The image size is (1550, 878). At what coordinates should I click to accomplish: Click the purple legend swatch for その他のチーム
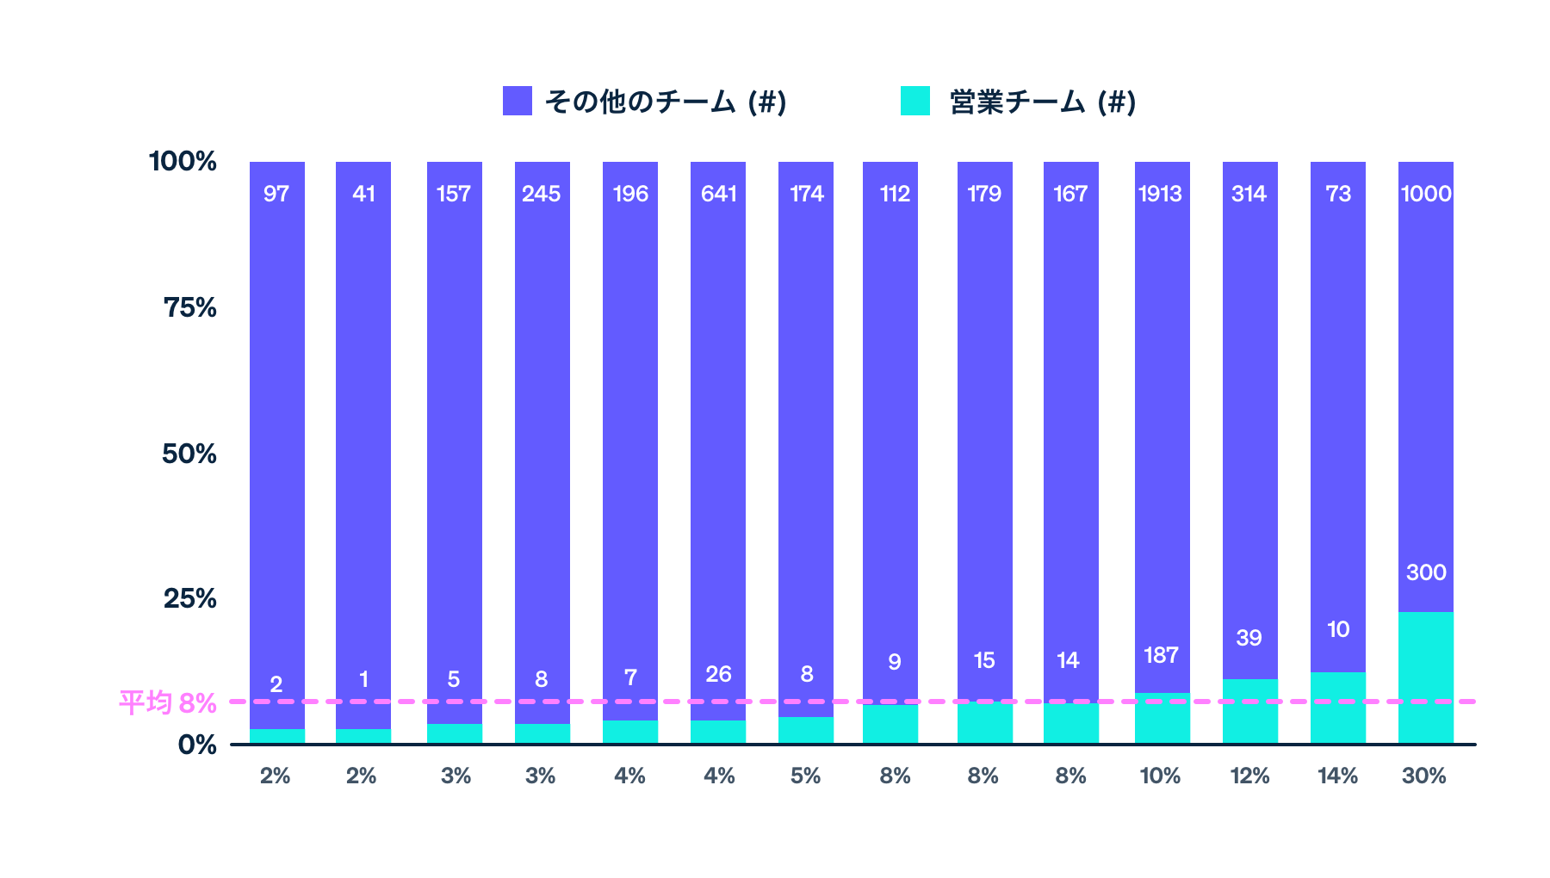pyautogui.click(x=518, y=101)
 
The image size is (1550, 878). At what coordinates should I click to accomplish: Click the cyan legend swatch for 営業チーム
pyautogui.click(x=915, y=101)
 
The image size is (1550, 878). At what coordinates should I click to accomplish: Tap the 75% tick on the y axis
pyautogui.click(x=190, y=307)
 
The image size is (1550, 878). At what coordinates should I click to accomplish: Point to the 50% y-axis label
pyautogui.click(x=189, y=454)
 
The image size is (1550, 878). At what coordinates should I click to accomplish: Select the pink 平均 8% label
pyautogui.click(x=167, y=703)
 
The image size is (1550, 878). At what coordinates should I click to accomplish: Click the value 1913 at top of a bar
pyautogui.click(x=1161, y=194)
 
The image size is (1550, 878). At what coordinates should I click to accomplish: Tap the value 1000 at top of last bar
pyautogui.click(x=1426, y=194)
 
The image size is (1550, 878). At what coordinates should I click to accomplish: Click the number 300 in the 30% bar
pyautogui.click(x=1426, y=572)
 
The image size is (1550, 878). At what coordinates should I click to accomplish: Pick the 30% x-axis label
pyautogui.click(x=1424, y=776)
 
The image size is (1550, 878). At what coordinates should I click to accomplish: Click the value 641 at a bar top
pyautogui.click(x=718, y=194)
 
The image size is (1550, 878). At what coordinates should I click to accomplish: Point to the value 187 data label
pyautogui.click(x=1161, y=655)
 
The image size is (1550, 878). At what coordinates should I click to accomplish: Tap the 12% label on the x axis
pyautogui.click(x=1249, y=776)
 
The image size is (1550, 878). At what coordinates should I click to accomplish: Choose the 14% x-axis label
pyautogui.click(x=1337, y=776)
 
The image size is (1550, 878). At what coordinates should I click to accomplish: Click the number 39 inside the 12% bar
pyautogui.click(x=1249, y=638)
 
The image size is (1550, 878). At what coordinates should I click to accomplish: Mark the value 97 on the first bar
pyautogui.click(x=276, y=194)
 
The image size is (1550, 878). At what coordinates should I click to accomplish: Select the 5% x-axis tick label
pyautogui.click(x=805, y=776)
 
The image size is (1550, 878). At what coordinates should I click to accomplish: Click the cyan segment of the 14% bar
pyautogui.click(x=1338, y=708)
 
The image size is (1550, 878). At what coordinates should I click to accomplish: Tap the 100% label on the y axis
pyautogui.click(x=183, y=161)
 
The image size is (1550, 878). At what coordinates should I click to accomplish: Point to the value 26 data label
pyautogui.click(x=718, y=674)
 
